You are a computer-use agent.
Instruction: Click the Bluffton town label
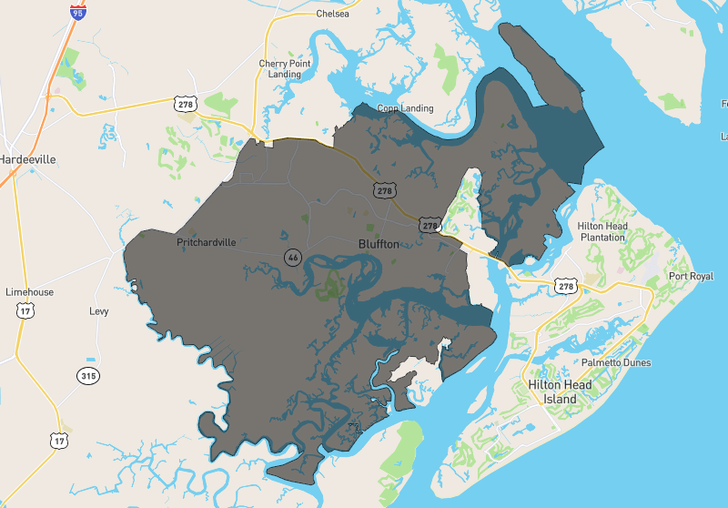tap(380, 244)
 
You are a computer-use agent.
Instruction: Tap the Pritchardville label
tap(206, 243)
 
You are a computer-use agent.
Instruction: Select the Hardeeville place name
tap(27, 159)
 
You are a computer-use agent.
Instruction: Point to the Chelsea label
tap(332, 15)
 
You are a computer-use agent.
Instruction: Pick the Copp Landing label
tap(406, 108)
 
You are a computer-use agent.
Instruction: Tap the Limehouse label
tap(29, 292)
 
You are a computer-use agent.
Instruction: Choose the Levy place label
tap(98, 311)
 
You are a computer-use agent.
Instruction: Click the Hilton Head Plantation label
tap(602, 231)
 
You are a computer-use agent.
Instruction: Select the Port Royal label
tap(691, 276)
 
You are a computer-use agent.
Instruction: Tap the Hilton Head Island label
tap(560, 392)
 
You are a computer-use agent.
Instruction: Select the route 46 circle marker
tap(292, 258)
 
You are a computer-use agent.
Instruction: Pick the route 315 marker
tap(87, 375)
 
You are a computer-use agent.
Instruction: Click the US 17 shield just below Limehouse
tap(25, 311)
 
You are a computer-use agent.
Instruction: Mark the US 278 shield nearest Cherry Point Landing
tap(187, 103)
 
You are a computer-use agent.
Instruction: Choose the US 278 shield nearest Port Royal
tap(567, 286)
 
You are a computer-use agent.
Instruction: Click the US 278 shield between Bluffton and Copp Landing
tap(384, 189)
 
